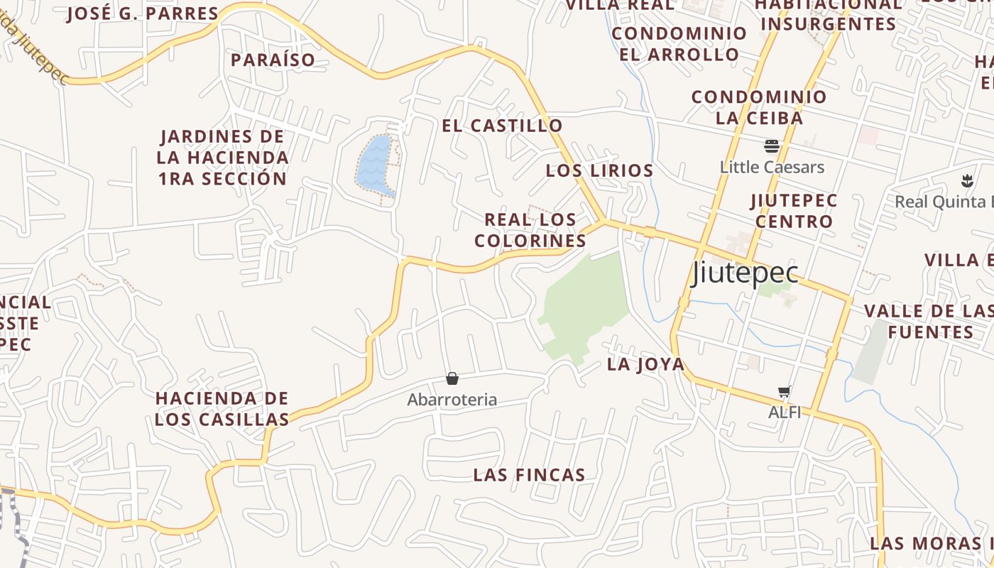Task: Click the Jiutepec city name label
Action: tap(745, 273)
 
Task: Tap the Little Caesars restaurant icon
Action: tap(772, 147)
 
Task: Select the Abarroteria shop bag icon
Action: tap(452, 378)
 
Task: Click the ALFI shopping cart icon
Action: tap(785, 392)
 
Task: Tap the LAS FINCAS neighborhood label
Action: tap(529, 475)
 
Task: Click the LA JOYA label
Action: tap(645, 365)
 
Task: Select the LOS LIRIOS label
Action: tap(599, 170)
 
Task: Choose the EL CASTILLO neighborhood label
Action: tap(502, 126)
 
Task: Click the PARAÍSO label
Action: tap(273, 60)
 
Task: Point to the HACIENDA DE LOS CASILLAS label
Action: tap(222, 408)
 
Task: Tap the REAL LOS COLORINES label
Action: tap(530, 230)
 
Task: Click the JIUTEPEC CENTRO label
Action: tap(794, 211)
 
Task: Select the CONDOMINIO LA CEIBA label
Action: tap(759, 107)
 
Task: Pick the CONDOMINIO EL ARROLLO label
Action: tap(679, 43)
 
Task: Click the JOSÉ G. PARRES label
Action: tap(143, 13)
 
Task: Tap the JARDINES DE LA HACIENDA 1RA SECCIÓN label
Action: tap(222, 157)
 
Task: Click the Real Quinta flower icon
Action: tap(966, 180)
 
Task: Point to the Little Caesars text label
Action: tap(772, 168)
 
